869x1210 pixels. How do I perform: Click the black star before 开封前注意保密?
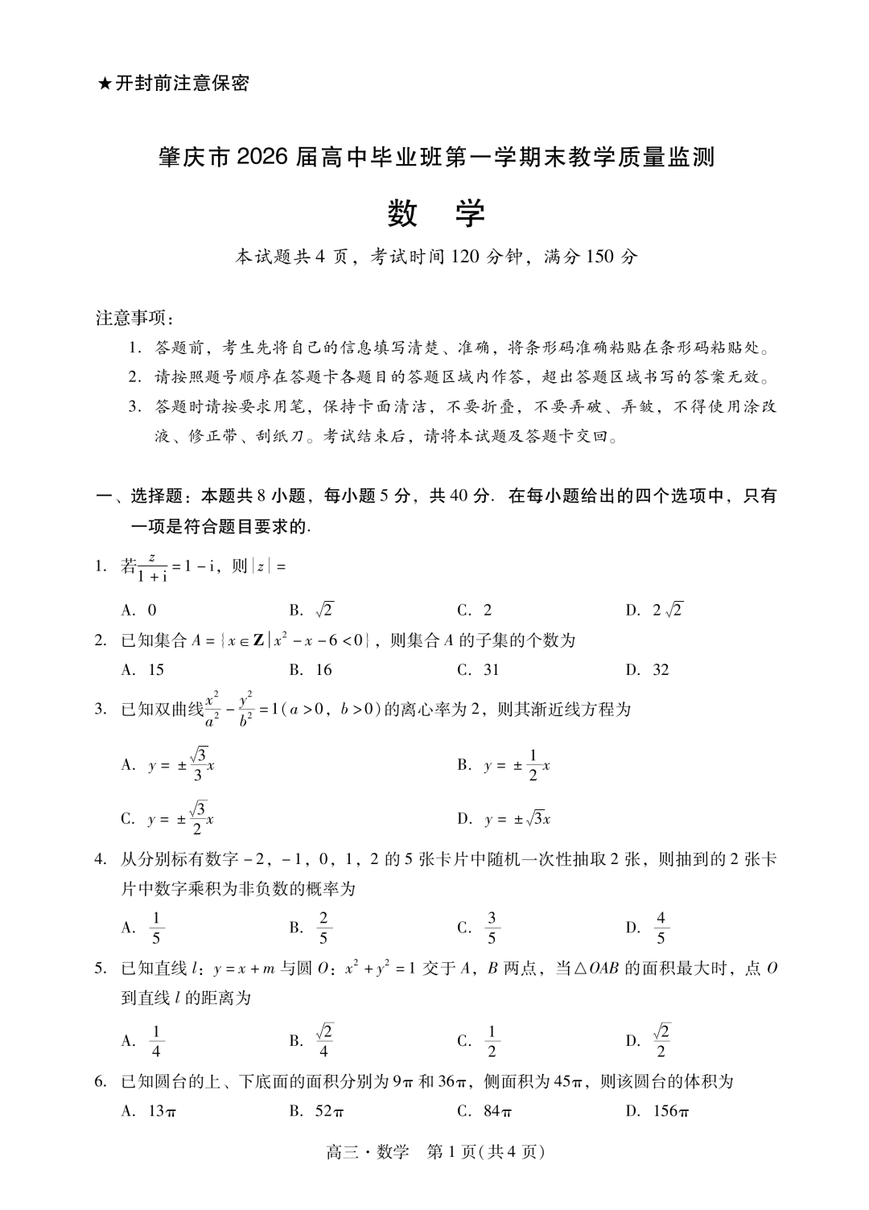[x=104, y=84]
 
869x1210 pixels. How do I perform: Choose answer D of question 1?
[x=654, y=610]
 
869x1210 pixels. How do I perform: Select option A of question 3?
[x=168, y=765]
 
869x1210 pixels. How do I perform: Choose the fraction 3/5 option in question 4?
[x=479, y=928]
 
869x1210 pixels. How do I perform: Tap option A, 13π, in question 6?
[x=150, y=1111]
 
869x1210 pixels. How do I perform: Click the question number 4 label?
[x=101, y=859]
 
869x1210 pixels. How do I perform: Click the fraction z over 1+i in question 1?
[x=152, y=566]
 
